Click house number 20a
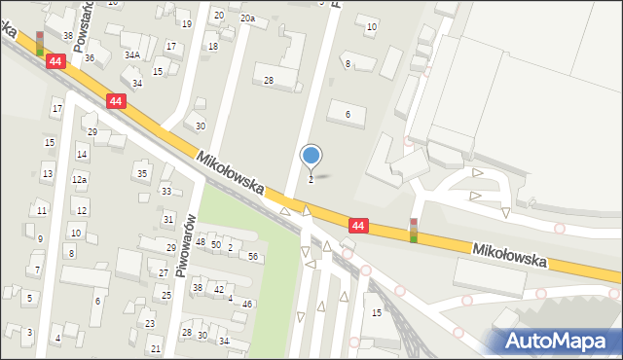coord(248,18)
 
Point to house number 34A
coord(131,55)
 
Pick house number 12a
coord(80,180)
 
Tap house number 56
coord(253,256)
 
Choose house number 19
coord(187,23)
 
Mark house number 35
coord(142,173)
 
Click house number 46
coord(247,305)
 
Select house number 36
coord(90,58)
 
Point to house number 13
coord(47,174)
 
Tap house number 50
coord(216,244)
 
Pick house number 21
coord(156,348)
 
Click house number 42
coord(219,289)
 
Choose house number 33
coord(166,192)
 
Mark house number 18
coord(212,47)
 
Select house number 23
coord(150,324)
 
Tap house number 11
coord(41,210)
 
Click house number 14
coord(82,155)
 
